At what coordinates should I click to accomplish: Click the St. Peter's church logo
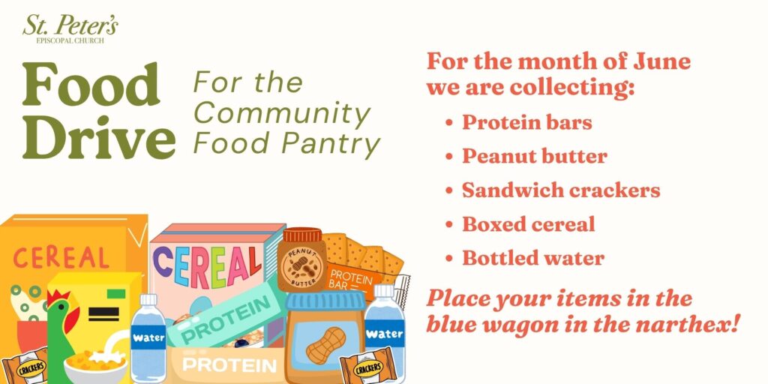pyautogui.click(x=70, y=29)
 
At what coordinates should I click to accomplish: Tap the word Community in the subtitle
pyautogui.click(x=282, y=114)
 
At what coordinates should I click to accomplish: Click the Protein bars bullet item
pyautogui.click(x=527, y=122)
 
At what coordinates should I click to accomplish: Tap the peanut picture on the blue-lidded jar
pyautogui.click(x=325, y=345)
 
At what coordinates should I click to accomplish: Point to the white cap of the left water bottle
pyautogui.click(x=148, y=300)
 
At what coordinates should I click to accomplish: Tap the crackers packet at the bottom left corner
pyautogui.click(x=25, y=366)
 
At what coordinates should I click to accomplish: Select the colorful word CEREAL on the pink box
pyautogui.click(x=208, y=266)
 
